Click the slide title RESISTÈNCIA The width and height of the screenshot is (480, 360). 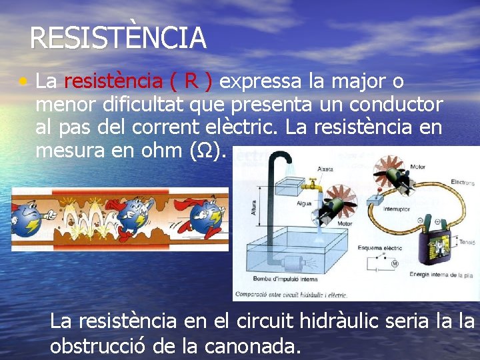pos(118,38)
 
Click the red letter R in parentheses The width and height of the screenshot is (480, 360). pos(191,81)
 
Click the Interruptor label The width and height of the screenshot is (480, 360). pos(397,209)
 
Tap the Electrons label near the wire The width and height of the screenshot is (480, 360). pos(462,181)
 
